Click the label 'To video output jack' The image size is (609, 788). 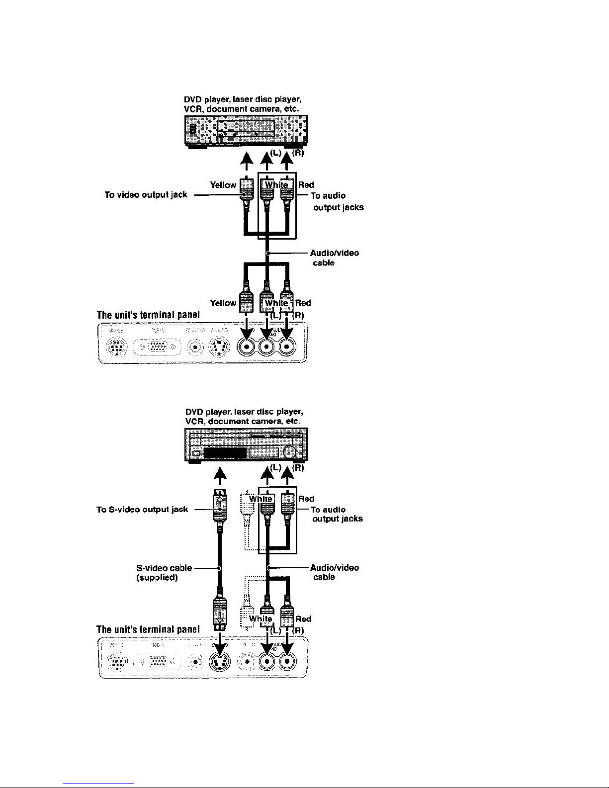(x=146, y=195)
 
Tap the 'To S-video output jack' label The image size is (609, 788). (x=142, y=509)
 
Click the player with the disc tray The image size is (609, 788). (x=246, y=131)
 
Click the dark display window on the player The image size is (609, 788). (x=225, y=453)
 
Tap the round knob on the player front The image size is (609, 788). (x=290, y=452)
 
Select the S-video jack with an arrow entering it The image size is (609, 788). (x=219, y=662)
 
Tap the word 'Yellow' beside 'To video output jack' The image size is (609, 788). (x=223, y=185)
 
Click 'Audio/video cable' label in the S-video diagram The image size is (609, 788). (x=334, y=572)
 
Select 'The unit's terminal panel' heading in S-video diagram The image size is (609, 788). (x=148, y=629)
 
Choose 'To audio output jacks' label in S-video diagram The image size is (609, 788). (x=337, y=514)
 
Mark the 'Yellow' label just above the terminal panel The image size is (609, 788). (x=223, y=303)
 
